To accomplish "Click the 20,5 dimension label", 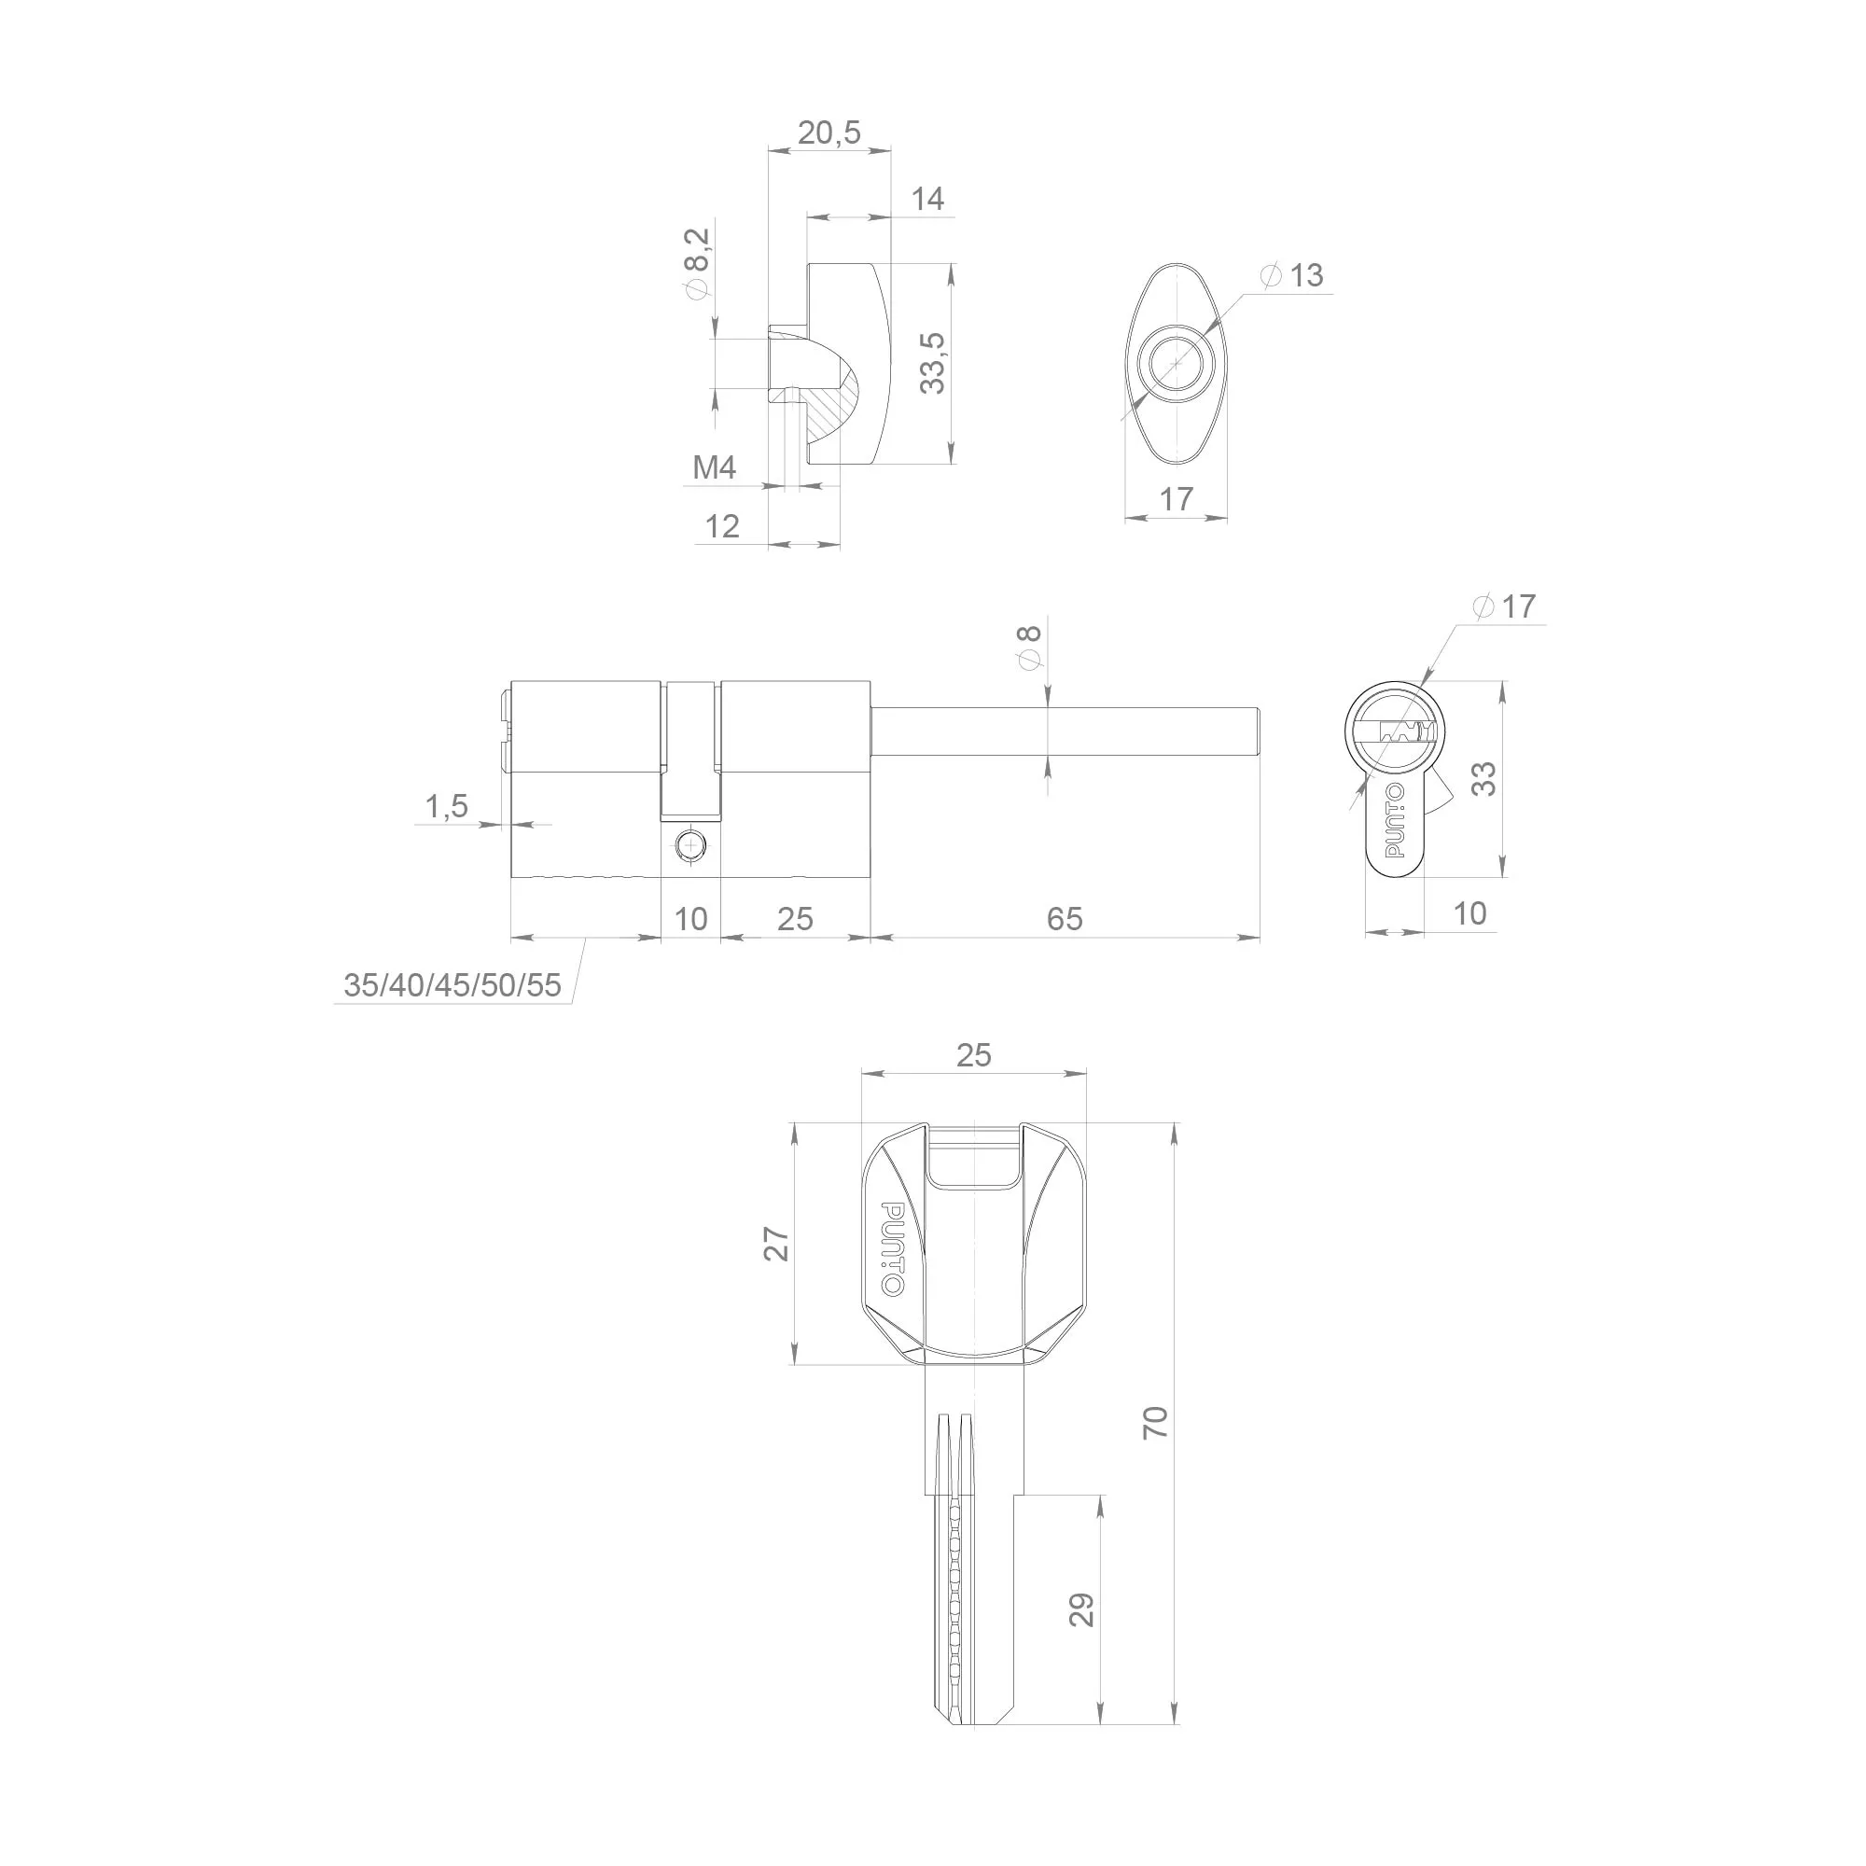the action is (829, 132).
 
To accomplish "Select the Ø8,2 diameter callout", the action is (696, 264).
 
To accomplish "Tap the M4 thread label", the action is (715, 467).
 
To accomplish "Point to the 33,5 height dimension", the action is (933, 362).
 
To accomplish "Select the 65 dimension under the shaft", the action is (1065, 918).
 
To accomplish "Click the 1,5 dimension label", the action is (446, 805).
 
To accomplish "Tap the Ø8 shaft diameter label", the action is (1031, 648).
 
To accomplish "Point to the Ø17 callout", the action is (1504, 606).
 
